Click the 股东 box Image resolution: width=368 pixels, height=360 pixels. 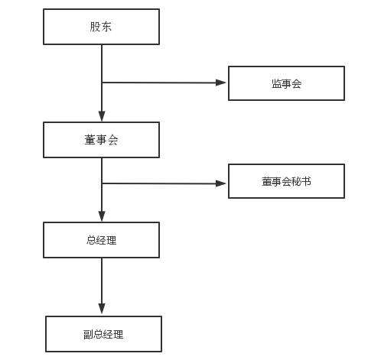pyautogui.click(x=101, y=27)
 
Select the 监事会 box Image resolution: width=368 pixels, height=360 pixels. pyautogui.click(x=286, y=83)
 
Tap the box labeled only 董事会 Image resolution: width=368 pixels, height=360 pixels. pyautogui.click(x=101, y=140)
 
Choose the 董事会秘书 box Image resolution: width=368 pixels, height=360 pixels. pyautogui.click(x=286, y=181)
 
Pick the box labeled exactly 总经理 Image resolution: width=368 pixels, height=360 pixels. pyautogui.click(x=101, y=240)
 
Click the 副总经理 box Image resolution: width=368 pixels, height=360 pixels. pyautogui.click(x=103, y=334)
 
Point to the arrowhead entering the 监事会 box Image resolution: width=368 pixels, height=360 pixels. pyautogui.click(x=223, y=83)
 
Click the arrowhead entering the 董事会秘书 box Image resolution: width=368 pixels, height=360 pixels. pyautogui.click(x=223, y=183)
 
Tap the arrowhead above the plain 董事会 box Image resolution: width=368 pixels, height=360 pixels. pyautogui.click(x=102, y=117)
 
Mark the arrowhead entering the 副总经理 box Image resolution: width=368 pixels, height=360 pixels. pyautogui.click(x=102, y=310)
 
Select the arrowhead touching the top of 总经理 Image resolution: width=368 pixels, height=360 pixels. pyautogui.click(x=102, y=217)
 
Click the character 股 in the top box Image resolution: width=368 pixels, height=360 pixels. pyautogui.click(x=95, y=28)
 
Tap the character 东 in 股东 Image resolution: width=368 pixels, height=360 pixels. pyautogui.click(x=107, y=28)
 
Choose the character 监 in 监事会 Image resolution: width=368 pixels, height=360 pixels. pyautogui.click(x=276, y=83)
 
